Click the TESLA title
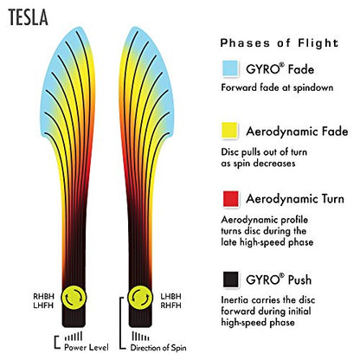pos(28,17)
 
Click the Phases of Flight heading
pos(280,43)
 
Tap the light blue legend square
pos(230,68)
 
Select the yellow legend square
pos(229,131)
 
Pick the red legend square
pos(230,199)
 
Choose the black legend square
pos(230,280)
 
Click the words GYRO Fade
pos(280,69)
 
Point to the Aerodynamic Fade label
pos(297,132)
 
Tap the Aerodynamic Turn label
pos(295,199)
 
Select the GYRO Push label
pos(279,280)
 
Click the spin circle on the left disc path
pos(74,298)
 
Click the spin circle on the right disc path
pos(140,298)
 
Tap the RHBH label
pos(43,296)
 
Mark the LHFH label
pos(43,305)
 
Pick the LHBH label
pos(171,296)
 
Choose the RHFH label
pos(171,305)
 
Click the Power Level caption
pos(87,347)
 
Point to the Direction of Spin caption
pos(158,348)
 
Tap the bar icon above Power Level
pos(74,337)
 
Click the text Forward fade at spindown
pos(277,87)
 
